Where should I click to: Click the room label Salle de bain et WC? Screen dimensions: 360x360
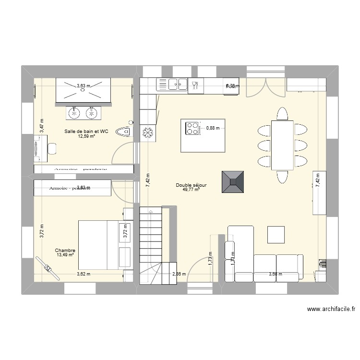86,131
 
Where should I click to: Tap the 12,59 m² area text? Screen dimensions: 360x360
86,136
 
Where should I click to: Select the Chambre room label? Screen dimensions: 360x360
65,251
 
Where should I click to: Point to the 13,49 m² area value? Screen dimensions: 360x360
65,255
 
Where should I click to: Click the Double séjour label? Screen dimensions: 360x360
191,185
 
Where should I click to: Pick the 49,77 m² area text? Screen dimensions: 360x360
191,190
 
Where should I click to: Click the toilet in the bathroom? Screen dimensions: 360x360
126,130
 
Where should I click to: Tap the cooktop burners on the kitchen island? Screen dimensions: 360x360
193,128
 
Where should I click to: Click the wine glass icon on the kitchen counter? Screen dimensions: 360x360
195,85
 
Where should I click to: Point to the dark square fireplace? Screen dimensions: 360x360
233,182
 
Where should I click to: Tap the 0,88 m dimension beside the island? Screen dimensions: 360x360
212,128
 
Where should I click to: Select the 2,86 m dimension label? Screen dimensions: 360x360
179,275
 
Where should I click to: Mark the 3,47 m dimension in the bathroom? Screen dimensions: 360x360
42,126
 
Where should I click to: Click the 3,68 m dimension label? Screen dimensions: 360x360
276,275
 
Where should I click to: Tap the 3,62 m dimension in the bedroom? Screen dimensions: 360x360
84,274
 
